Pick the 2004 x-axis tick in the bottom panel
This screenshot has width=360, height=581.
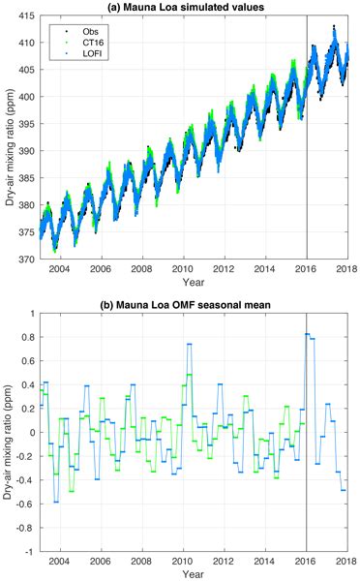pos(61,559)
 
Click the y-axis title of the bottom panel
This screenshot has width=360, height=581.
pos(8,433)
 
